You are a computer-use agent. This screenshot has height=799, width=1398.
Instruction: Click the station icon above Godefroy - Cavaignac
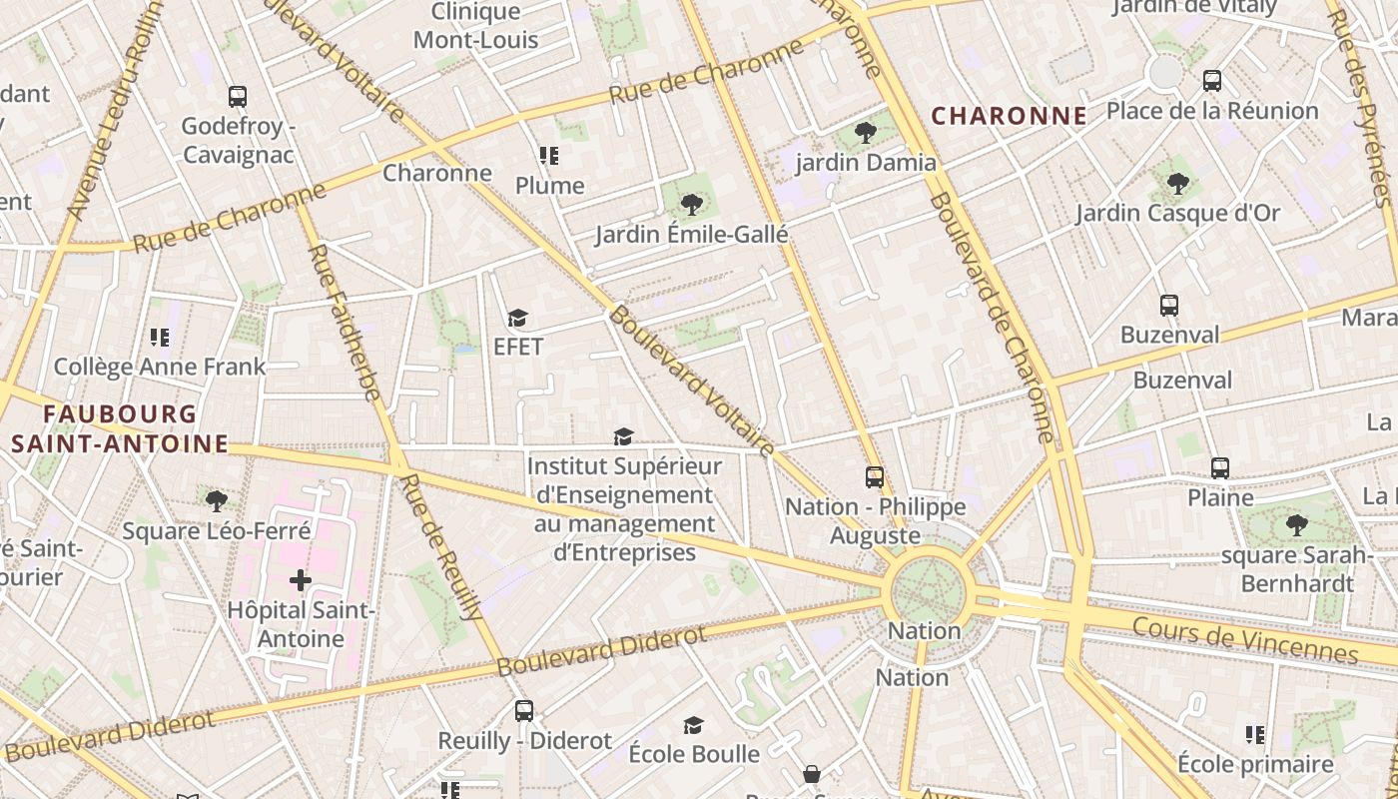[x=238, y=97]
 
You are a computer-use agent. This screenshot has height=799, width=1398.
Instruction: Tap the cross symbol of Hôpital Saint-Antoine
[x=301, y=579]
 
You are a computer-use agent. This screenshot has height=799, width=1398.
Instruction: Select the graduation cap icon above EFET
[x=517, y=319]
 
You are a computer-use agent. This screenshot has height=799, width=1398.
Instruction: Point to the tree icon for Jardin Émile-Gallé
[x=691, y=206]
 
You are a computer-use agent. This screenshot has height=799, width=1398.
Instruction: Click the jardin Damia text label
[x=866, y=162]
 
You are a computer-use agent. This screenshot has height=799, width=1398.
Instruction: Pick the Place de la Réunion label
[x=1211, y=110]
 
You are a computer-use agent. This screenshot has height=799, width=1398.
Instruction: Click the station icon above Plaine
[x=1219, y=467]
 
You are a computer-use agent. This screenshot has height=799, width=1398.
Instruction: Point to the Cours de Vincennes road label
[x=1244, y=639]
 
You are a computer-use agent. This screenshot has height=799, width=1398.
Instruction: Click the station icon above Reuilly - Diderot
[x=524, y=711]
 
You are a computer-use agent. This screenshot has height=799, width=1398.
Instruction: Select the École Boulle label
[x=694, y=753]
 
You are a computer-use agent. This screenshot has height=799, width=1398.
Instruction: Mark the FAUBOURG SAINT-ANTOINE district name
[x=120, y=428]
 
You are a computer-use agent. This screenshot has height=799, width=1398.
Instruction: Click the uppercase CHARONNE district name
[x=1009, y=116]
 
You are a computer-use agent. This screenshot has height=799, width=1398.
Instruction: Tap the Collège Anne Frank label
[x=160, y=367]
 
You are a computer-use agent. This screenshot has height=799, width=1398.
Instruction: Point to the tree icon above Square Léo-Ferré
[x=216, y=500]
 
